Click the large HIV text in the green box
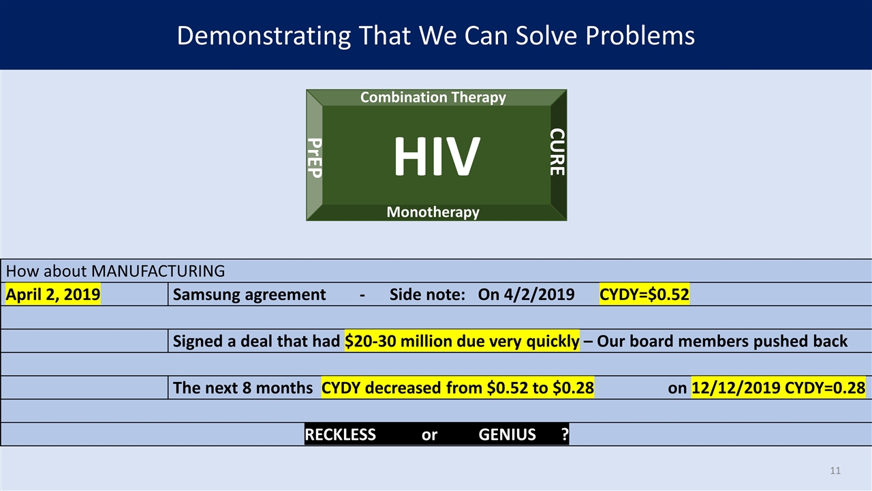coord(436,157)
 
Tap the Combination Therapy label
coord(433,98)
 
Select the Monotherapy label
coord(433,212)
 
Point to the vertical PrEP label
coord(314,158)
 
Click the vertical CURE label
coord(557,151)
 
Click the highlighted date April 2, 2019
coord(53,295)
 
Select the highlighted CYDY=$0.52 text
coord(644,295)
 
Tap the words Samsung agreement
coord(249,295)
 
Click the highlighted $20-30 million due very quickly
coord(463,341)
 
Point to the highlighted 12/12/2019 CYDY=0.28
coord(778,388)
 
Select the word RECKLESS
coord(340,434)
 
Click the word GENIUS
coord(507,434)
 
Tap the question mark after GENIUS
coord(565,434)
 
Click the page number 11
coord(836,471)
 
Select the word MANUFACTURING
coord(158,271)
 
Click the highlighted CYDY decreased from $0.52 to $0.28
coord(457,388)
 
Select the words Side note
coord(426,295)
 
